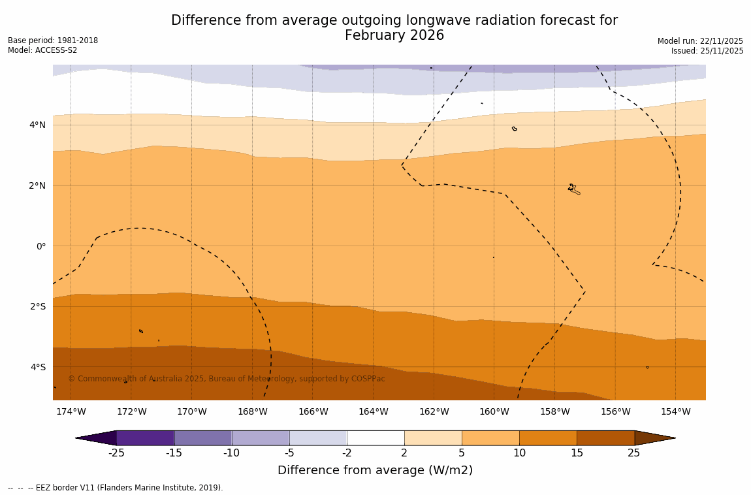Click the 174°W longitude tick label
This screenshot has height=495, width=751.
pos(71,411)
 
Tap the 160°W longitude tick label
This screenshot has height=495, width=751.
pos(494,411)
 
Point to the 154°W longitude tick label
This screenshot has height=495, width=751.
pos(675,411)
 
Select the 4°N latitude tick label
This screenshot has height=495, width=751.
pos(37,125)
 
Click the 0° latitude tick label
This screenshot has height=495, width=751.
pos(40,246)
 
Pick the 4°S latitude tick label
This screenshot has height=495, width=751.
pos(37,367)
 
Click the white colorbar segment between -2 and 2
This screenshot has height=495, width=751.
pos(375,438)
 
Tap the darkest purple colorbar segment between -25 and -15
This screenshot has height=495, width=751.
pos(145,438)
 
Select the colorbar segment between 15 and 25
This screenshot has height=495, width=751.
pos(605,438)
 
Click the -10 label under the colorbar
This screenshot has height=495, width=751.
pos(231,453)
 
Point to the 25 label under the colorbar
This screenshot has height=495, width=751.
pos(634,453)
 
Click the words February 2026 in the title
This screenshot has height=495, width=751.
pos(394,35)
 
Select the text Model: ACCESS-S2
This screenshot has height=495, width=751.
pos(42,50)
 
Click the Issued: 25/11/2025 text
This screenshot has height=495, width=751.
pos(707,51)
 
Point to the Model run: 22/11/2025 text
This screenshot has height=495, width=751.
pos(700,40)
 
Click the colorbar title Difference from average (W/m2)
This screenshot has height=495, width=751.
pos(375,470)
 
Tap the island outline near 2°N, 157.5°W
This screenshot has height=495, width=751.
pos(573,189)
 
